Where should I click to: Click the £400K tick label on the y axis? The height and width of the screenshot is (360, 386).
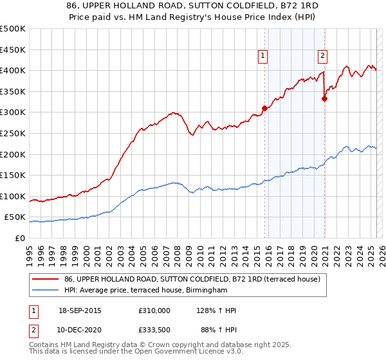[13, 70]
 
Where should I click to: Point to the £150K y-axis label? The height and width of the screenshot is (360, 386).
[13, 175]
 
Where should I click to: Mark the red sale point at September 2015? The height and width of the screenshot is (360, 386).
[264, 108]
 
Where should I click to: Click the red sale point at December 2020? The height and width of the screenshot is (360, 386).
[324, 98]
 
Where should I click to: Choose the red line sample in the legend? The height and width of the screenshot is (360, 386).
[46, 279]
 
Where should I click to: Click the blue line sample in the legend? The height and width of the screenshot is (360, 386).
[46, 291]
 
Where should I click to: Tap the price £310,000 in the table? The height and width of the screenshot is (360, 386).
[154, 310]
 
